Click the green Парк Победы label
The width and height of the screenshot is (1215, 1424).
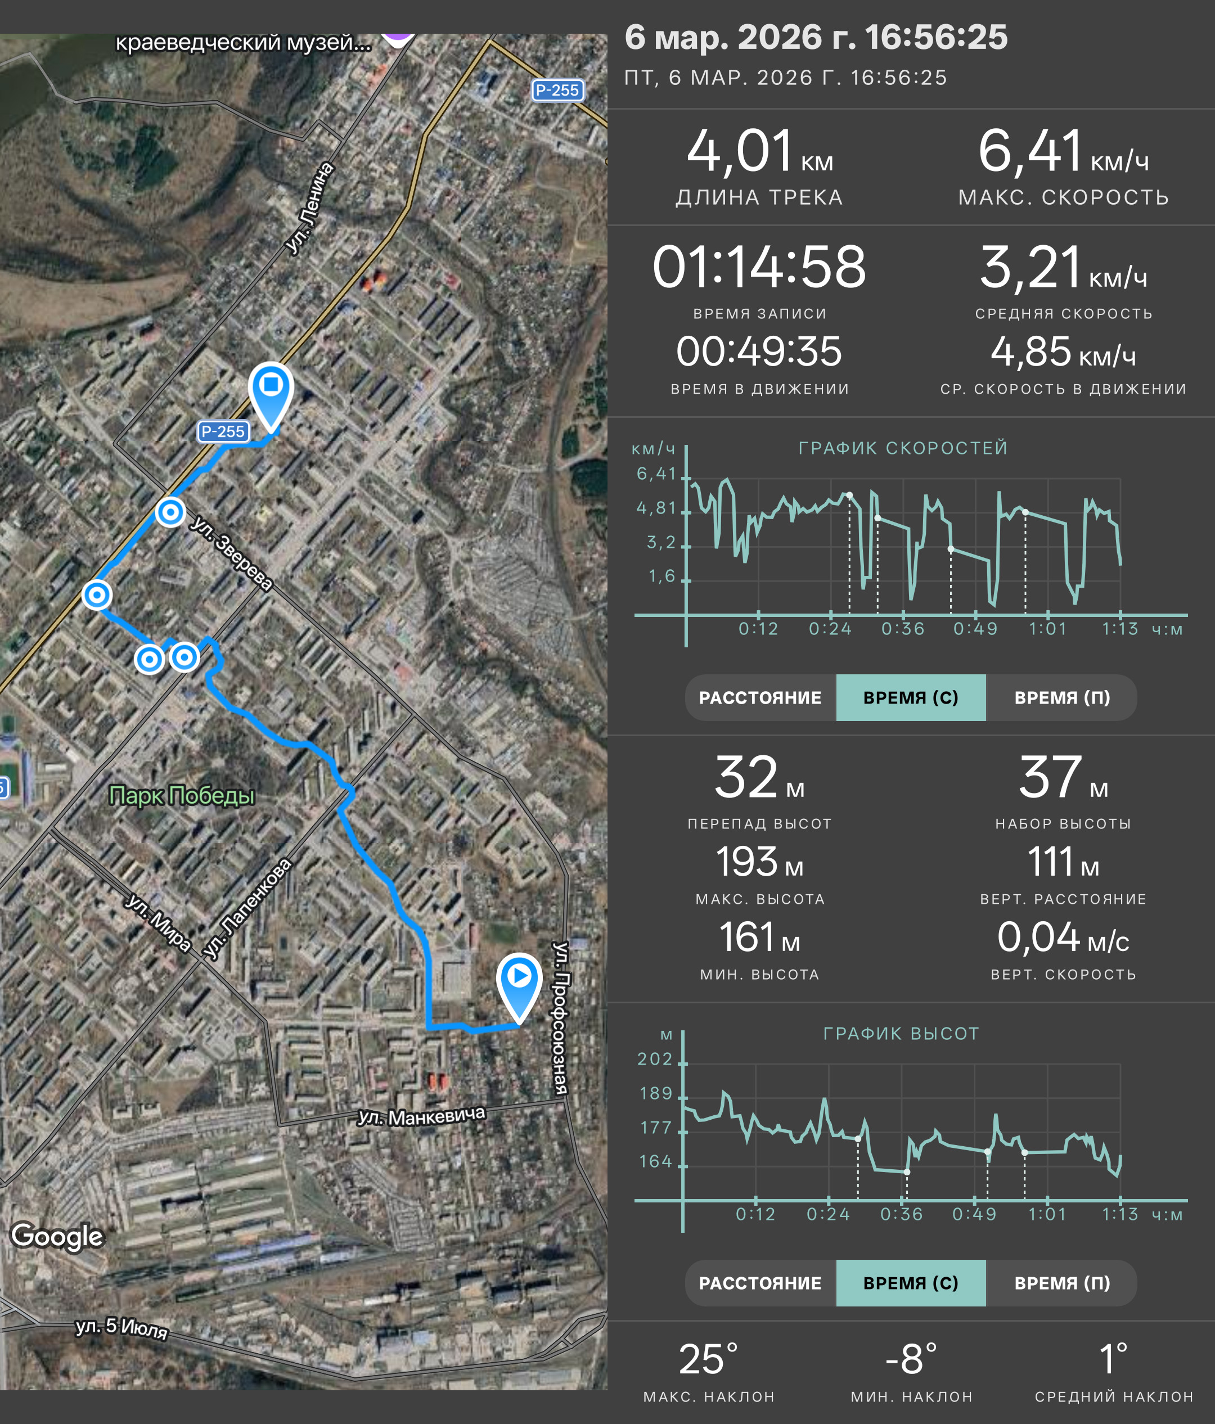(x=182, y=795)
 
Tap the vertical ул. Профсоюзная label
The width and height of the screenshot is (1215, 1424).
(x=561, y=1018)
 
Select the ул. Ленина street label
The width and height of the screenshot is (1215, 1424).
(x=310, y=208)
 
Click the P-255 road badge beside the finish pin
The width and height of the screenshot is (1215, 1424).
(x=223, y=431)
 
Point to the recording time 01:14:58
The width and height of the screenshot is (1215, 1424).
(x=759, y=267)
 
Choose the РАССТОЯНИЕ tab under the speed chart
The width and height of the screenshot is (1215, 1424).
(x=760, y=697)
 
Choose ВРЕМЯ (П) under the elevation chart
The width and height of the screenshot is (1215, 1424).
(x=1062, y=1283)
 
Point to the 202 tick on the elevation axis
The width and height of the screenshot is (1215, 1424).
(x=655, y=1059)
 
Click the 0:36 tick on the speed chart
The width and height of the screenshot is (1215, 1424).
(x=903, y=629)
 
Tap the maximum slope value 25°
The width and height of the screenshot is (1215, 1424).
(x=709, y=1359)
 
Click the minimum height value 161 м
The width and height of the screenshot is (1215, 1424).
(x=759, y=938)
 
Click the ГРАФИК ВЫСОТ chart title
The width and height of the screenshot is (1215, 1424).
(x=901, y=1034)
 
